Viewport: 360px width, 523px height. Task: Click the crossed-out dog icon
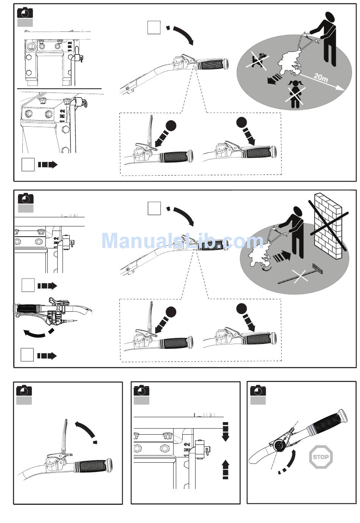pyautogui.click(x=258, y=61)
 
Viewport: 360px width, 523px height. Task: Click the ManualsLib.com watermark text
pyautogui.click(x=182, y=241)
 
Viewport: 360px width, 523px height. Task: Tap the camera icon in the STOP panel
pyautogui.click(x=258, y=390)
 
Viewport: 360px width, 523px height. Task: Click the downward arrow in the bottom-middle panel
pyautogui.click(x=225, y=432)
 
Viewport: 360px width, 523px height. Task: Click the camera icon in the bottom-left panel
pyautogui.click(x=24, y=390)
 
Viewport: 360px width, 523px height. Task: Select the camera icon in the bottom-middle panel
pyautogui.click(x=142, y=390)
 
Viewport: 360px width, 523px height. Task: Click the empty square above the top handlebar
pyautogui.click(x=153, y=28)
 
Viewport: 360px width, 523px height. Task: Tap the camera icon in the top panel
pyautogui.click(x=25, y=13)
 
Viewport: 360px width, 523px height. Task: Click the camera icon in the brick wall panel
pyautogui.click(x=26, y=198)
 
